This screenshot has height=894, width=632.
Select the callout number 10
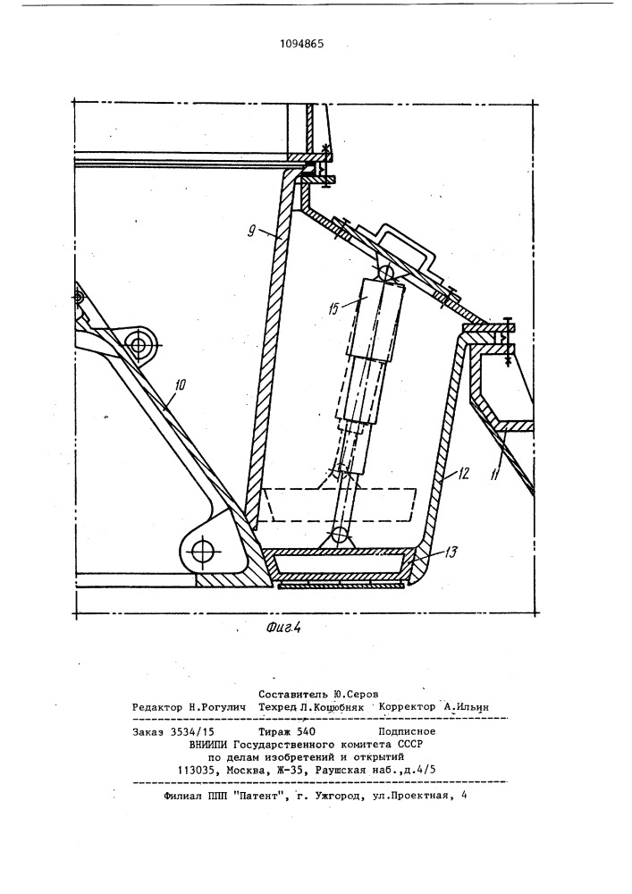[x=179, y=384]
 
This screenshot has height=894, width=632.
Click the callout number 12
[x=462, y=473]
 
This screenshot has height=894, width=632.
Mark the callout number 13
[x=451, y=551]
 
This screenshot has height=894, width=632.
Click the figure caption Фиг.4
[x=282, y=628]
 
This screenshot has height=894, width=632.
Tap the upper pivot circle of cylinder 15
[x=388, y=273]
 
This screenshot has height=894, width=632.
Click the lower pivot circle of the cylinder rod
[x=341, y=535]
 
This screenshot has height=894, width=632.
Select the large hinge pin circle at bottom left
[x=202, y=552]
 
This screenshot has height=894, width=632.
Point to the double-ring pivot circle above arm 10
[x=139, y=344]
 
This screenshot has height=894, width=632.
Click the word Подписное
[x=407, y=731]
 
